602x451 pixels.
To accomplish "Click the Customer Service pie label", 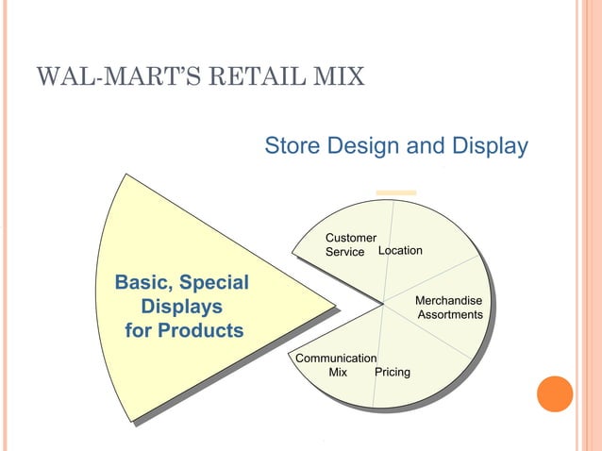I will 350,244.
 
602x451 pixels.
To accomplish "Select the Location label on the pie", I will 400,250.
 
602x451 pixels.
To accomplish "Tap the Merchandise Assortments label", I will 450,307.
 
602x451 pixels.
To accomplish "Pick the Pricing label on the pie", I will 393,372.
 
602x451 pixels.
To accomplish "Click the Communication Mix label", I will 337,365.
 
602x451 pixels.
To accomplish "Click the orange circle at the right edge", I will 555,393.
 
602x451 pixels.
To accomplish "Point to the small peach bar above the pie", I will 396,193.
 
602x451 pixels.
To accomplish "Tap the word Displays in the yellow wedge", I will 181,307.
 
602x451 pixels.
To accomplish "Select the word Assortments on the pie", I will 450,314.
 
